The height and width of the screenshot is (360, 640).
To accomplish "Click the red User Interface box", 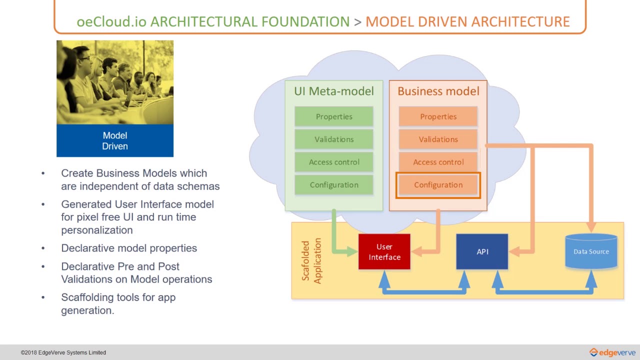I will tap(384, 252).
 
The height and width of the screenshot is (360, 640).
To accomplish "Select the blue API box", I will tap(482, 252).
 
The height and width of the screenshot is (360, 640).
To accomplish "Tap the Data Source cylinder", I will tap(591, 251).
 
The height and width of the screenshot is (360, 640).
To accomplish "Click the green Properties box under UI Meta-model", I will tap(333, 116).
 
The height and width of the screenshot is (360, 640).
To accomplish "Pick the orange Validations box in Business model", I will tap(438, 139).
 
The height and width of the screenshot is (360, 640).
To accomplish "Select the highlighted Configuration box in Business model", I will tap(438, 185).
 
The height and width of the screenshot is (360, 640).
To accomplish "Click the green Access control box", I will tap(333, 162).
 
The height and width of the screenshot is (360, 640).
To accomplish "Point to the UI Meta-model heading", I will tap(333, 91).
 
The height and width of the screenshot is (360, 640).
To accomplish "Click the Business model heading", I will tap(438, 91).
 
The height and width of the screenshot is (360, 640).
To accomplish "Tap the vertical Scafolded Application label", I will tap(311, 260).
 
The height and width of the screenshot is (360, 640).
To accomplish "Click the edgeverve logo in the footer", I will tap(612, 352).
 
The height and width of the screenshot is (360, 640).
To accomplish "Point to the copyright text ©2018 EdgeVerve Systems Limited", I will tap(63, 352).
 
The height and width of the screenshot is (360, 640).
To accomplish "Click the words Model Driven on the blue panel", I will tap(115, 141).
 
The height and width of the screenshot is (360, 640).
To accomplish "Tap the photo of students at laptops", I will tap(115, 82).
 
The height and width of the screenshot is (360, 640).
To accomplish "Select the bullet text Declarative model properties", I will tap(129, 248).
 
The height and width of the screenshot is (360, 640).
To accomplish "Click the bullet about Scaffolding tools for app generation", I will tap(118, 303).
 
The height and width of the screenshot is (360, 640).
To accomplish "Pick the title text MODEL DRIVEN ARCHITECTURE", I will tap(467, 22).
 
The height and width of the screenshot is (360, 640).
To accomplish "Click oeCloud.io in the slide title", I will tap(111, 22).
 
